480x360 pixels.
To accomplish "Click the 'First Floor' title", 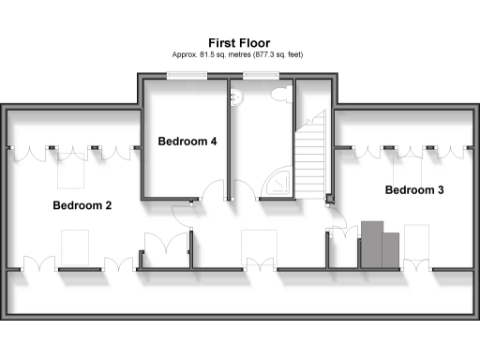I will click(x=239, y=42).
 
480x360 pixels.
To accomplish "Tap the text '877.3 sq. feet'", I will click(x=274, y=54).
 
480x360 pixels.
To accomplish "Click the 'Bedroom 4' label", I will click(x=187, y=142).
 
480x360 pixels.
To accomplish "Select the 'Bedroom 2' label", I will click(x=82, y=204).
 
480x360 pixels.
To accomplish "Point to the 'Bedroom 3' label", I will click(x=414, y=190).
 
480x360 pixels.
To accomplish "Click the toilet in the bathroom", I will click(x=280, y=94).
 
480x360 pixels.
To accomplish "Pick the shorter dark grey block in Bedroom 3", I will click(x=391, y=247).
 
